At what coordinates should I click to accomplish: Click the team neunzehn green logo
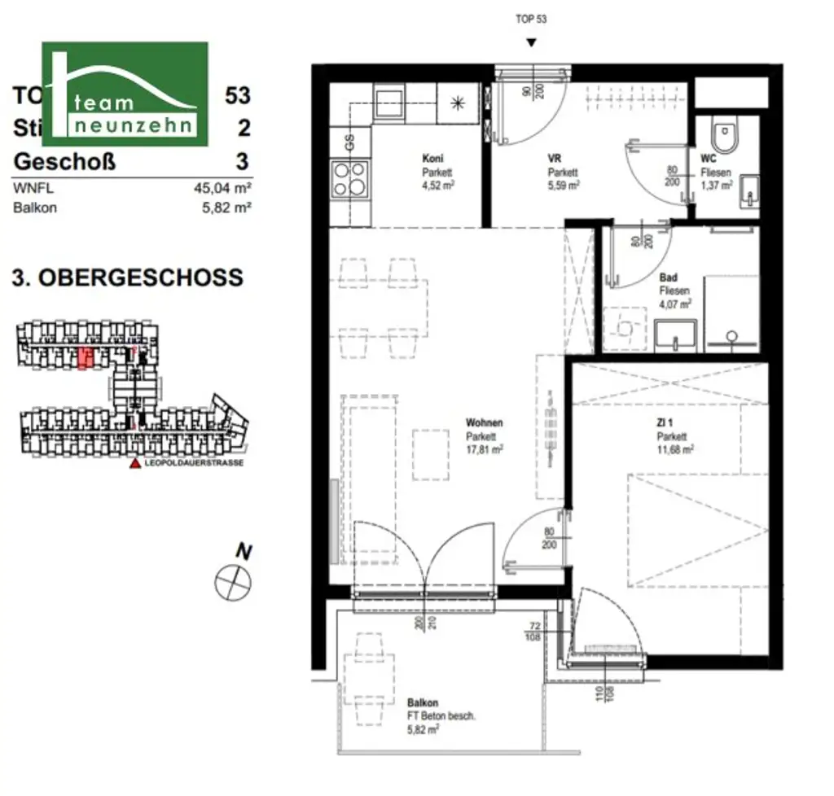(x=125, y=94)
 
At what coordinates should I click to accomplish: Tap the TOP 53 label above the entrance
(x=531, y=20)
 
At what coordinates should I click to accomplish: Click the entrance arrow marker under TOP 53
(x=531, y=43)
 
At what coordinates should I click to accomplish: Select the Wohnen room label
(x=484, y=423)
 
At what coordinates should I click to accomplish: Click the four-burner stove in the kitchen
(x=349, y=178)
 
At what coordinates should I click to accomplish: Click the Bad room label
(x=668, y=278)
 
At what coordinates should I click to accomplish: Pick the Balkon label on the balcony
(x=423, y=702)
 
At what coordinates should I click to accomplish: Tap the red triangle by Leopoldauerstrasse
(x=134, y=463)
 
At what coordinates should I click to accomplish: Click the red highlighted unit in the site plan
(x=84, y=357)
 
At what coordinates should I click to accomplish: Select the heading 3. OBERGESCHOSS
(x=128, y=277)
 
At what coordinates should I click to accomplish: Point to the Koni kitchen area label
(x=432, y=160)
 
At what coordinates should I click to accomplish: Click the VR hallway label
(x=555, y=160)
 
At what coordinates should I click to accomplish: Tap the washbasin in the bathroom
(x=675, y=335)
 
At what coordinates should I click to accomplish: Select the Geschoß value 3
(x=243, y=160)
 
